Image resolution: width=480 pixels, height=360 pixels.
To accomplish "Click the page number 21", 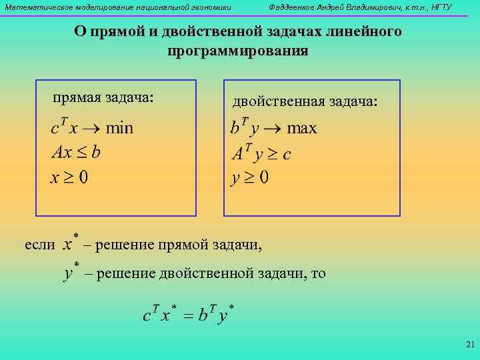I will coord(469,345).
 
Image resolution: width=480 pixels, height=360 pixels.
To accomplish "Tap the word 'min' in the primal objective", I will coord(119,128).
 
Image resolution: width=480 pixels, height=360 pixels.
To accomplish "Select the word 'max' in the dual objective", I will coord(302,128).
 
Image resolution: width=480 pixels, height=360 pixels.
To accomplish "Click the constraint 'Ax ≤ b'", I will coord(76,153).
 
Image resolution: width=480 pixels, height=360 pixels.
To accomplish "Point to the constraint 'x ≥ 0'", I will coord(70,177).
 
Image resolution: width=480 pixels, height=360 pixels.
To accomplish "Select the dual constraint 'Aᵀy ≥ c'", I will coord(261,153).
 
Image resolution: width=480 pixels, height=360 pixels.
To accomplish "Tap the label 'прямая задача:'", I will coord(103,98).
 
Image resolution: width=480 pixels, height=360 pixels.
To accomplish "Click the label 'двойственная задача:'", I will coord(305,101).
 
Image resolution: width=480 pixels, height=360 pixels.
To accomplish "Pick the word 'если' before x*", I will coord(40,245).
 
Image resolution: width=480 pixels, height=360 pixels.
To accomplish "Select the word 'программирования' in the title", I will coord(238,51).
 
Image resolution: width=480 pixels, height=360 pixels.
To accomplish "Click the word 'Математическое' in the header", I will coord(33,7).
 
